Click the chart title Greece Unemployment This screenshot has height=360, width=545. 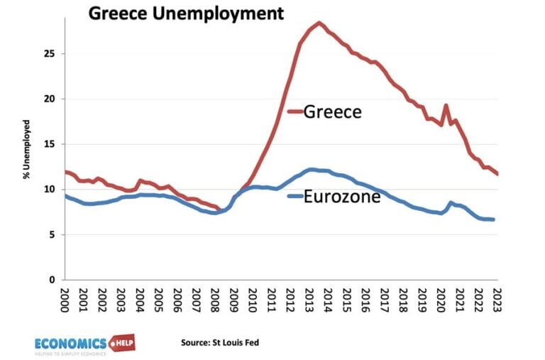pos(185,13)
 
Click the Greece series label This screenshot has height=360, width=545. pos(332,111)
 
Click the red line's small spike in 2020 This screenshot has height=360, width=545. pos(446,106)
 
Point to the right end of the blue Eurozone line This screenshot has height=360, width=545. pos(494,219)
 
